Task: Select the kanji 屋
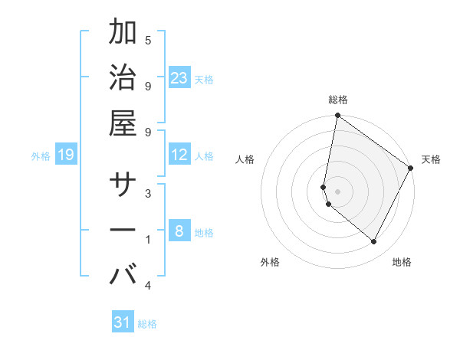(x=123, y=123)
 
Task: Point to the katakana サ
(x=123, y=184)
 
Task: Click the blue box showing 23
(x=179, y=77)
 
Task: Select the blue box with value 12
(x=179, y=155)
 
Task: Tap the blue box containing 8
(x=179, y=231)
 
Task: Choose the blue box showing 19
(x=66, y=155)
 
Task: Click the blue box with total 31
(x=123, y=322)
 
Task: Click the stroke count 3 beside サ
(x=148, y=193)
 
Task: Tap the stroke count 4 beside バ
(x=148, y=286)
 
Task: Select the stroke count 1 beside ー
(x=148, y=240)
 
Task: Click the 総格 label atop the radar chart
(x=338, y=100)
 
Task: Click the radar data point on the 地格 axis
(x=374, y=242)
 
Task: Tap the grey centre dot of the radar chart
(x=337, y=191)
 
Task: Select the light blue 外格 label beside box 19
(x=41, y=155)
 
